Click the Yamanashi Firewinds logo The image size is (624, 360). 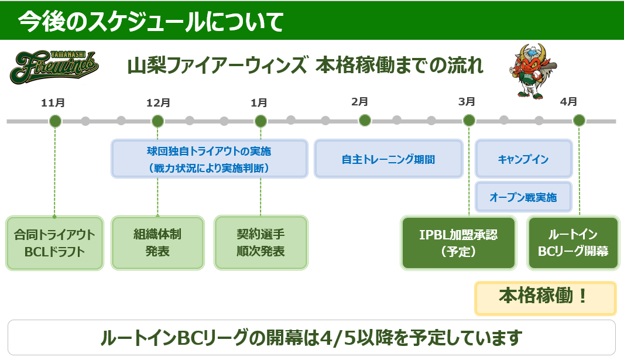(54, 67)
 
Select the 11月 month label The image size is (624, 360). (53, 103)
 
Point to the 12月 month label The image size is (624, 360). (158, 103)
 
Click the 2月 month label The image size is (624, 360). (359, 102)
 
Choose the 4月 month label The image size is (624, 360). (568, 102)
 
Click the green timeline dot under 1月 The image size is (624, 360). (260, 121)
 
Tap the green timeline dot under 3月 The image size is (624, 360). (469, 120)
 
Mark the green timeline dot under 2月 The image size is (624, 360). (365, 120)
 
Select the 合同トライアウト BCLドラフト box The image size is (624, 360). (54, 243)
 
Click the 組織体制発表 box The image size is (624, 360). (157, 243)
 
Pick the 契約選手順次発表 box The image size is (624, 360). (261, 243)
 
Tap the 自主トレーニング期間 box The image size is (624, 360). (389, 159)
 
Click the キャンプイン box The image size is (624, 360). (524, 159)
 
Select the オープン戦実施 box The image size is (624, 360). (524, 197)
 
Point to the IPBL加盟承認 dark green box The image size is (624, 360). (458, 243)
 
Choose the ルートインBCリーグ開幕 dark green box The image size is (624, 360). (573, 243)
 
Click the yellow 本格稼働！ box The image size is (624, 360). (545, 299)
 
